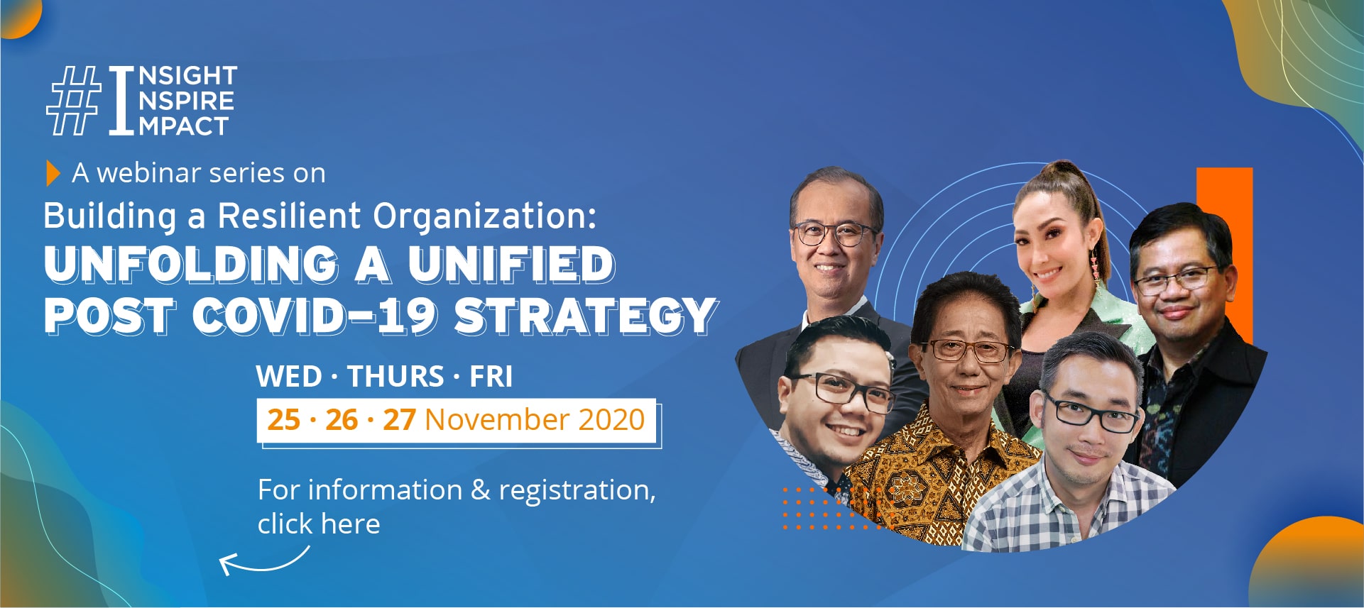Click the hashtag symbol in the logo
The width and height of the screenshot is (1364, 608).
pyautogui.click(x=73, y=101)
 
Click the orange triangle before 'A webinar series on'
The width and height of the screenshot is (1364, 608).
pyautogui.click(x=53, y=173)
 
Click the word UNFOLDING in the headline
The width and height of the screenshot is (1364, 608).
pyautogui.click(x=191, y=265)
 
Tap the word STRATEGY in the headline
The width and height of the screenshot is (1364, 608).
pyautogui.click(x=586, y=316)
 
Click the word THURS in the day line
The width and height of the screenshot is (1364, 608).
pyautogui.click(x=395, y=377)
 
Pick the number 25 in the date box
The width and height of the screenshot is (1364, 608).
pyautogui.click(x=283, y=420)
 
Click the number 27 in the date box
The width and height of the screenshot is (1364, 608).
pyautogui.click(x=399, y=420)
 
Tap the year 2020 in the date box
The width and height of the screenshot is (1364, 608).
pyautogui.click(x=611, y=420)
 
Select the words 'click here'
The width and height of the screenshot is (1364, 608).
pyautogui.click(x=319, y=524)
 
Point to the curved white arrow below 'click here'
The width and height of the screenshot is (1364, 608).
pyautogui.click(x=262, y=564)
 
